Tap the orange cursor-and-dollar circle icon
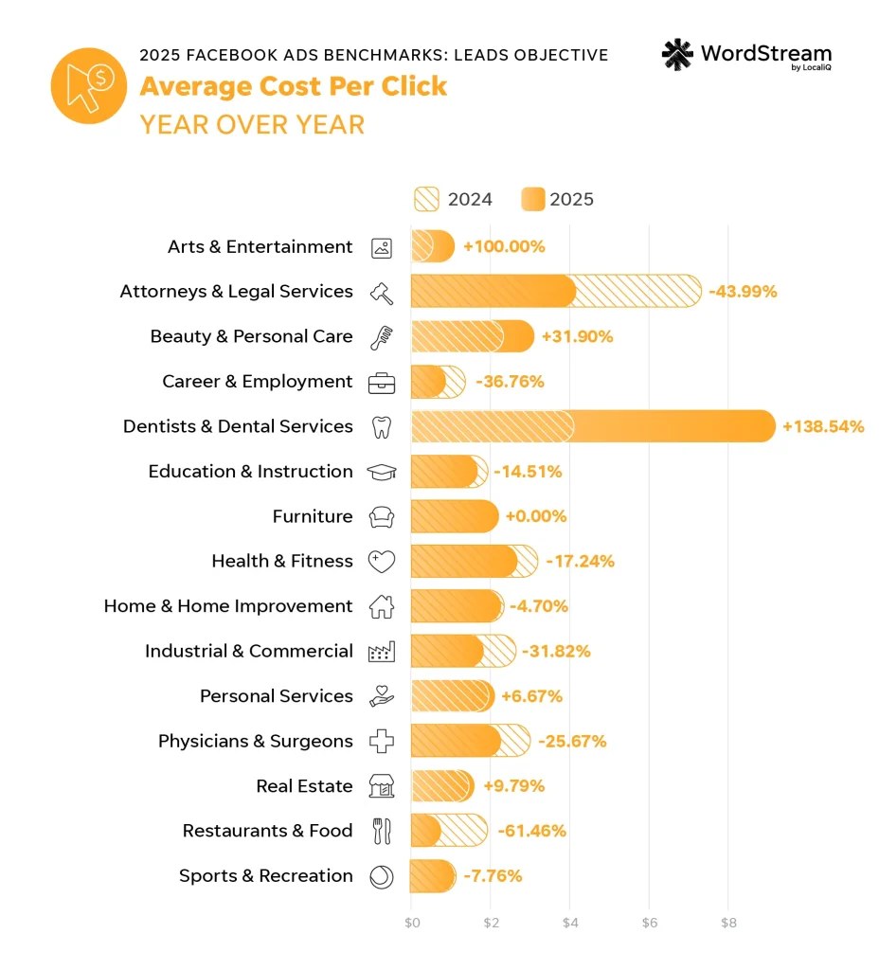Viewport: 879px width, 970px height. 89,86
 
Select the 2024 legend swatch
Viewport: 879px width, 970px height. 427,199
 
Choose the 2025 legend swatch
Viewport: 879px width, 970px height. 533,199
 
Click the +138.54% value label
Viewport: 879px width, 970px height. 823,426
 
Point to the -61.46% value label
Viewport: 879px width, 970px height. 529,831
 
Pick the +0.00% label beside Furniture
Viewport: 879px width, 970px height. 536,516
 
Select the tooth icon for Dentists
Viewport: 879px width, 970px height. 382,426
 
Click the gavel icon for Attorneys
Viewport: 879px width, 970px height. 382,292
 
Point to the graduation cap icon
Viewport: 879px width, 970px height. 382,472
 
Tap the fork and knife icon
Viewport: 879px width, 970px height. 382,831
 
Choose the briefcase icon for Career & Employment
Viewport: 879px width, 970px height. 382,382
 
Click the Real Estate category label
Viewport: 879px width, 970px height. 304,786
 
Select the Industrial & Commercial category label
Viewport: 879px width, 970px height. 249,651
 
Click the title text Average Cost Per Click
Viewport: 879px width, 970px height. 294,86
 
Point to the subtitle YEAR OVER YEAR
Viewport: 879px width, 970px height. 252,124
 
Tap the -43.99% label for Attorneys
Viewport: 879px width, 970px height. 743,292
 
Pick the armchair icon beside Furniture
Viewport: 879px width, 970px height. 382,516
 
